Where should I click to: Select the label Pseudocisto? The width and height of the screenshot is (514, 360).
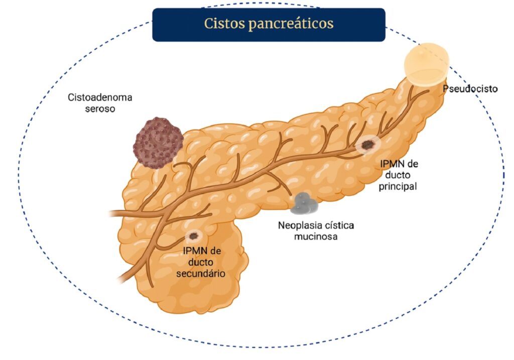coord(470,89)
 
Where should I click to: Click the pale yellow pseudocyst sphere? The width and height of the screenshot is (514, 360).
coord(427,64)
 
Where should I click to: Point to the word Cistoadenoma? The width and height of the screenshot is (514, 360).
coord(97,97)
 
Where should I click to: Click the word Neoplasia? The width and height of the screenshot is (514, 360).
coord(298,225)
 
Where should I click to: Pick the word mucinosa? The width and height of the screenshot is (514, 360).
coord(315,235)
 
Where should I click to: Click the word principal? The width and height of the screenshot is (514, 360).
coord(399,186)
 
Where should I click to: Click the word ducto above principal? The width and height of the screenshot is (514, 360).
coord(399,175)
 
